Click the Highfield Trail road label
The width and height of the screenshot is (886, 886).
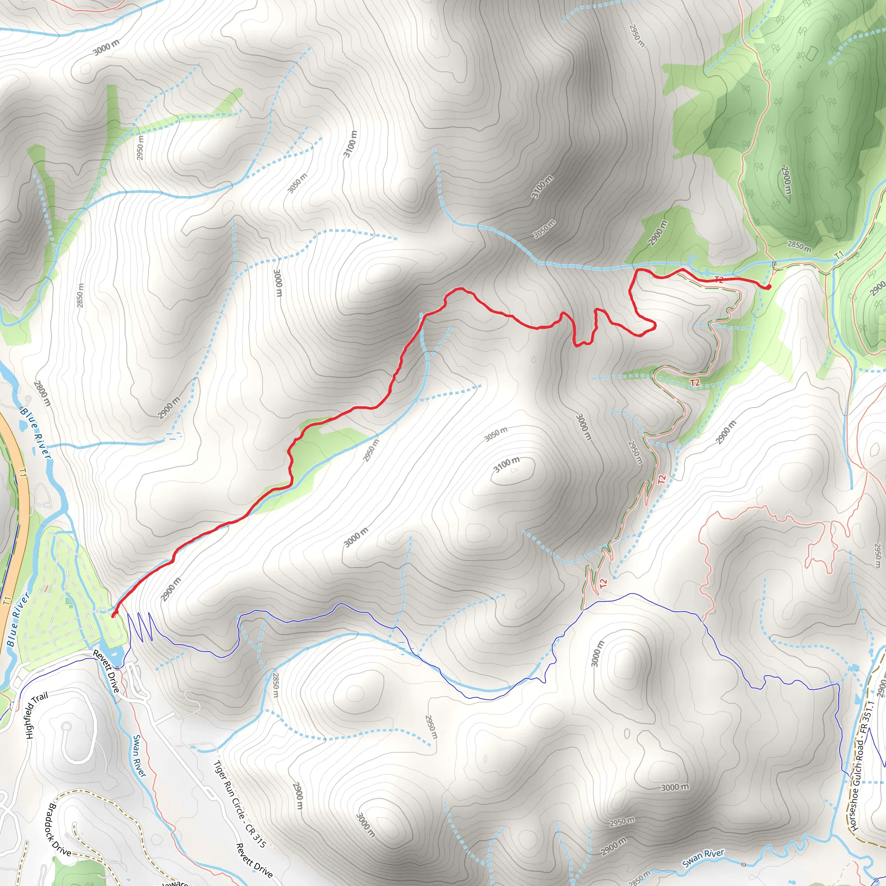(x=36, y=716)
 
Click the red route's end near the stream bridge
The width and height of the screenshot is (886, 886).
(x=768, y=287)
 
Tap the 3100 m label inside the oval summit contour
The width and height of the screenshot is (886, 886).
(x=507, y=464)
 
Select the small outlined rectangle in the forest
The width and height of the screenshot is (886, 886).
(x=811, y=53)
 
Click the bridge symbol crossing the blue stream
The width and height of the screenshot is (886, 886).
(x=774, y=263)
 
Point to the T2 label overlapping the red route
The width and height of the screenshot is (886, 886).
(x=719, y=280)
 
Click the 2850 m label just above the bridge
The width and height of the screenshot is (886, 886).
(x=799, y=246)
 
